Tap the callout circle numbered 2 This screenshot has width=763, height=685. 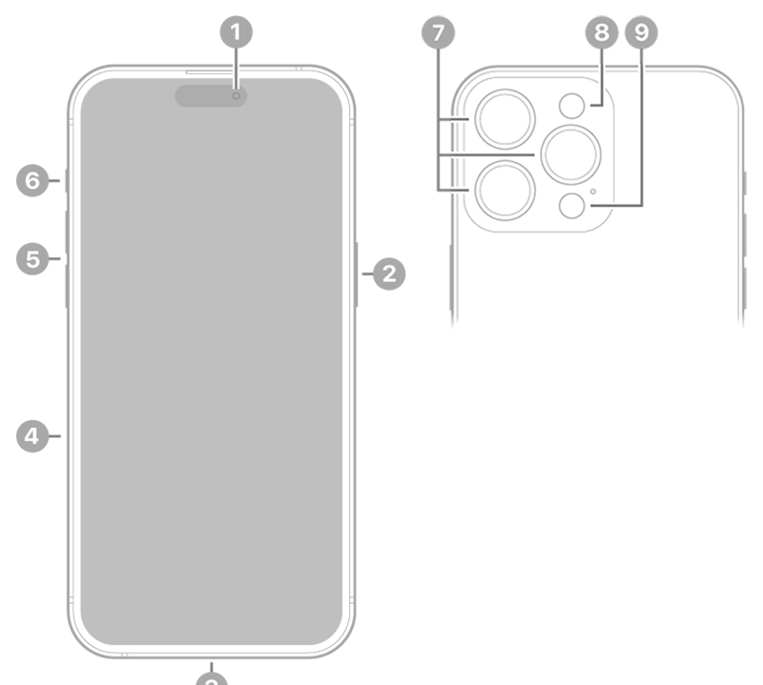(388, 274)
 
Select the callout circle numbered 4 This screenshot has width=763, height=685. (33, 436)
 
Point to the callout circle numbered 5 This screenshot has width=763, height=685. (33, 257)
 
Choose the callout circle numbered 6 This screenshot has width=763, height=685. (33, 180)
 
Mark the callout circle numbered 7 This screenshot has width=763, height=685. (437, 33)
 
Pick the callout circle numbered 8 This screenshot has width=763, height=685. (601, 33)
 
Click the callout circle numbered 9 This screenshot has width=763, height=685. (641, 33)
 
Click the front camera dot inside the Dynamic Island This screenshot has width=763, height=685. (237, 95)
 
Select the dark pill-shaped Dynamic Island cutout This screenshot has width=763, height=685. (211, 95)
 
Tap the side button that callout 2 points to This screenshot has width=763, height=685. (356, 274)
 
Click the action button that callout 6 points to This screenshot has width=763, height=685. (66, 180)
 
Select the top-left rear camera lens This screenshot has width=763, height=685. (505, 118)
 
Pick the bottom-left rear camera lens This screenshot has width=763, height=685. (505, 191)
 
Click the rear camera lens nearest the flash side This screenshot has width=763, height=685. (570, 152)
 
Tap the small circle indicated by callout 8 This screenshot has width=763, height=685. (571, 106)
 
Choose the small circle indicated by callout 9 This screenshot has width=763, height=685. (571, 204)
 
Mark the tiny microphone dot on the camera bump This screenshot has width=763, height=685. (593, 191)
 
